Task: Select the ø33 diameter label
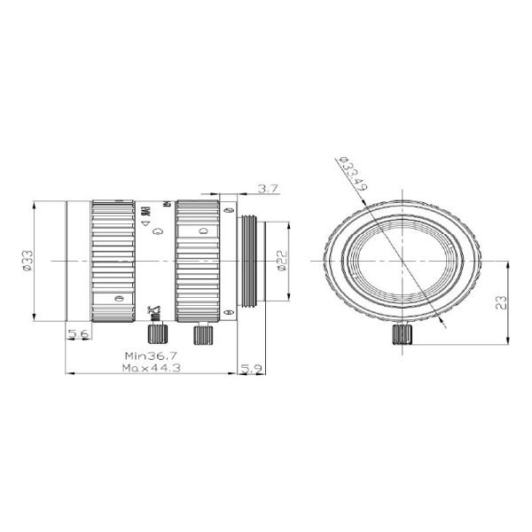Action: pyautogui.click(x=28, y=262)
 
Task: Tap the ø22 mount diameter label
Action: pyautogui.click(x=280, y=262)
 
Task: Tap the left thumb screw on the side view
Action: pyautogui.click(x=158, y=335)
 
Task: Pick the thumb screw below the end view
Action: pyautogui.click(x=401, y=337)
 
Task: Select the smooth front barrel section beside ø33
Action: pyautogui.click(x=78, y=262)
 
